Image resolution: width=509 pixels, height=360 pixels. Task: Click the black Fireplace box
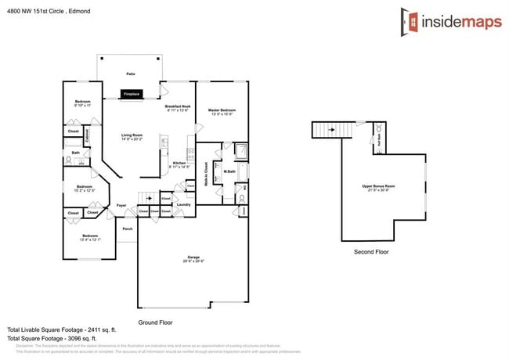[x=132, y=94]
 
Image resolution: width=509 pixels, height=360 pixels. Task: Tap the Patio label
[x=131, y=74]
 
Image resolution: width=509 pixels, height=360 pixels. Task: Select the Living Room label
[x=131, y=136]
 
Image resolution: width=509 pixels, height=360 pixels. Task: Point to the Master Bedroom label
[x=222, y=111]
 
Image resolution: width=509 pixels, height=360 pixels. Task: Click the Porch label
[x=127, y=229]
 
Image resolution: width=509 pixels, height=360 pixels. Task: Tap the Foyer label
[x=121, y=205]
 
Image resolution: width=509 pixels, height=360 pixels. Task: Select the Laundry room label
[x=183, y=205]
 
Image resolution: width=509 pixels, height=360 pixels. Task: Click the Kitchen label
[x=179, y=163]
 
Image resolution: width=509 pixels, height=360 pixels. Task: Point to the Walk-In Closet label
[x=206, y=171]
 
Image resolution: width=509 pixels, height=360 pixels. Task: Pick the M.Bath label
[x=230, y=171]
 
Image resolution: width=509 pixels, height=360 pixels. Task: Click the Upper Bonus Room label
[x=378, y=185]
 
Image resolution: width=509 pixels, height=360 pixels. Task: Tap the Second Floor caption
[x=370, y=252]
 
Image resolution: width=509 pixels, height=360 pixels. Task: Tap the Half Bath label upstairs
[x=379, y=139]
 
